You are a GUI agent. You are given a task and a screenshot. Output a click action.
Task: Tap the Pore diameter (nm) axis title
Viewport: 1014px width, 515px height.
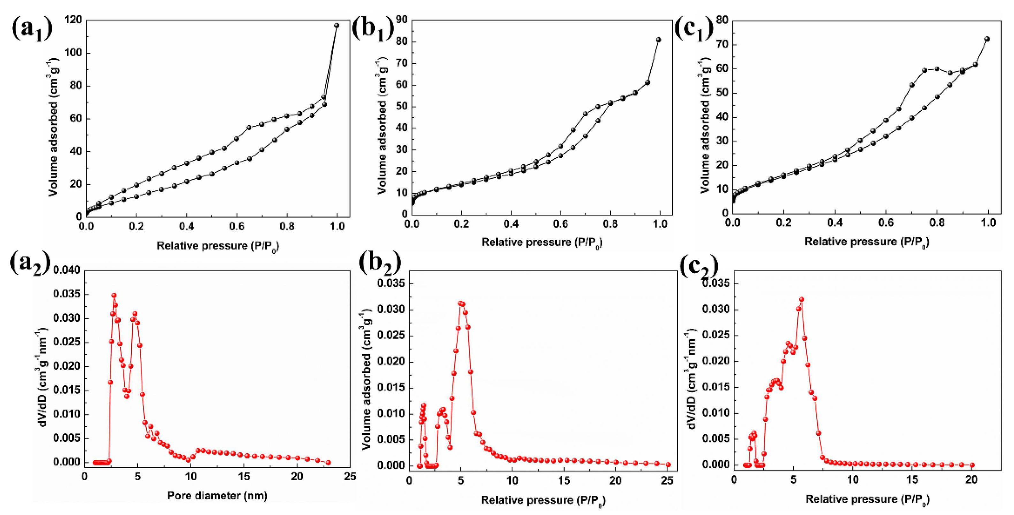click(217, 495)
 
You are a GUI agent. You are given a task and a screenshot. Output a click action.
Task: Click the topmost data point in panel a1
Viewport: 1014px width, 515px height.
click(337, 25)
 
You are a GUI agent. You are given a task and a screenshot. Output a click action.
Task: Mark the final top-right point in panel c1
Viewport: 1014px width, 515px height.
click(987, 39)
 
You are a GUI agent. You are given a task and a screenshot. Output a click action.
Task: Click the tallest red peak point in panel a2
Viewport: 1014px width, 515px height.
click(114, 295)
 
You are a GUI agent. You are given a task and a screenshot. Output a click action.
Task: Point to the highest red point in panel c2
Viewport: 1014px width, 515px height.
click(801, 299)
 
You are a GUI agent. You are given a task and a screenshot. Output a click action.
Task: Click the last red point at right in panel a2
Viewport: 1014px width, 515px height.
click(328, 462)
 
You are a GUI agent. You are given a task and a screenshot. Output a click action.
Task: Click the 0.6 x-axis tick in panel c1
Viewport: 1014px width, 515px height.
click(886, 223)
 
